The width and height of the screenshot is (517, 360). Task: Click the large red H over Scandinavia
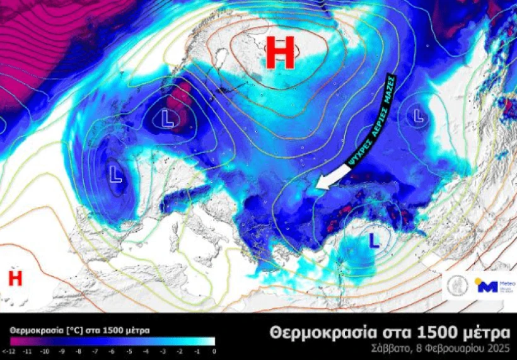[280, 53]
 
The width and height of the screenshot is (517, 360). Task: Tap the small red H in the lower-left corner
[15, 277]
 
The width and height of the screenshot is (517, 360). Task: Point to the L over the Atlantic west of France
[116, 174]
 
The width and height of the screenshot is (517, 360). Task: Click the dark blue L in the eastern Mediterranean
[373, 240]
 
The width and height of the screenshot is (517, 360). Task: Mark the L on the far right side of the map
[417, 115]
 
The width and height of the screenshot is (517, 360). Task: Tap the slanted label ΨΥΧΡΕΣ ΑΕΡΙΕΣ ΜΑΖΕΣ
[371, 120]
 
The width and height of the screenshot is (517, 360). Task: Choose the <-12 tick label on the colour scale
[8, 351]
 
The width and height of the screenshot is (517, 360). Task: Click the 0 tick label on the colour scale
[214, 351]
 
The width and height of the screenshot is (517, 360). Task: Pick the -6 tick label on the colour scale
[112, 351]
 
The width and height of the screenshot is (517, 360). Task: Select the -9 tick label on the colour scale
[61, 351]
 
